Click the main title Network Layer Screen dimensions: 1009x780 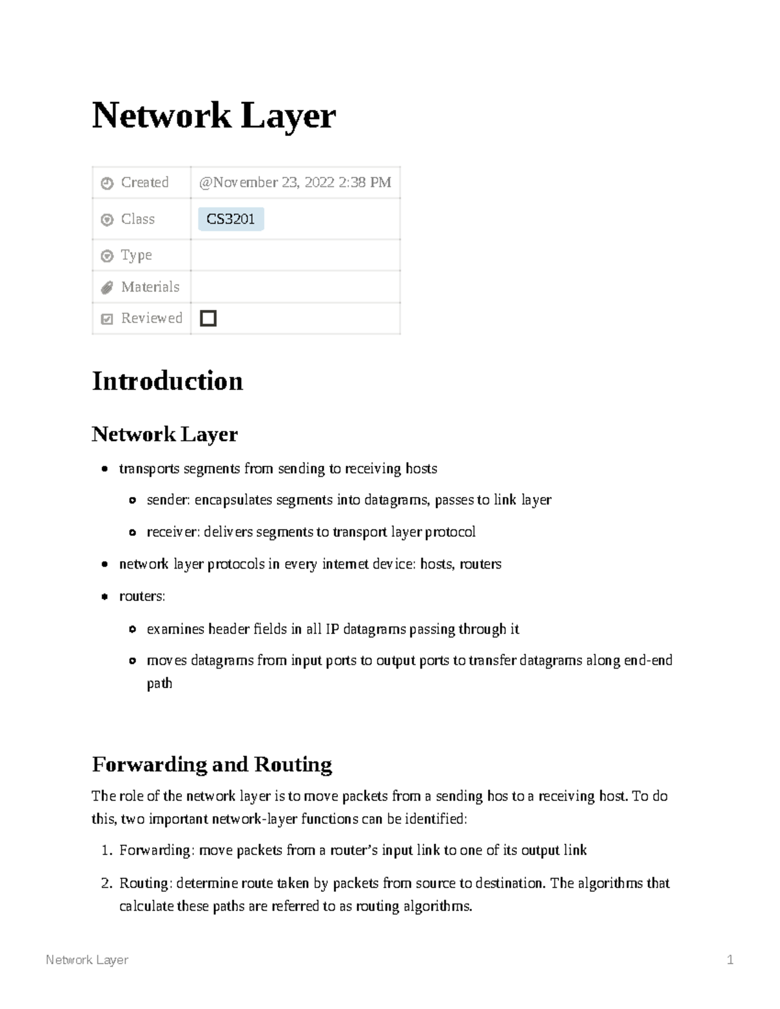[213, 116]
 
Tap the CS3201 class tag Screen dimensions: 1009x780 [231, 220]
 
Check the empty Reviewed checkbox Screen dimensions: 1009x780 [208, 318]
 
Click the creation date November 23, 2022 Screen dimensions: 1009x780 [295, 183]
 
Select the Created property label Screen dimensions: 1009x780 [144, 183]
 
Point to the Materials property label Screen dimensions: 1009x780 [149, 287]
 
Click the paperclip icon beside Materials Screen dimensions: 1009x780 [107, 288]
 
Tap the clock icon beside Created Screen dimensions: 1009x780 [107, 184]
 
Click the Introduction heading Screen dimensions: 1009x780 [167, 381]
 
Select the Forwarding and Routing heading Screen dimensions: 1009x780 [212, 764]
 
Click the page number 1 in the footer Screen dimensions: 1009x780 [730, 960]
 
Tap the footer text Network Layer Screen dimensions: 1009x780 [87, 960]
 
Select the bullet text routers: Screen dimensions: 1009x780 [142, 596]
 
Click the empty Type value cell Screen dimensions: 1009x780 [295, 255]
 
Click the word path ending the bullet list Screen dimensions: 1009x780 [159, 683]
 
